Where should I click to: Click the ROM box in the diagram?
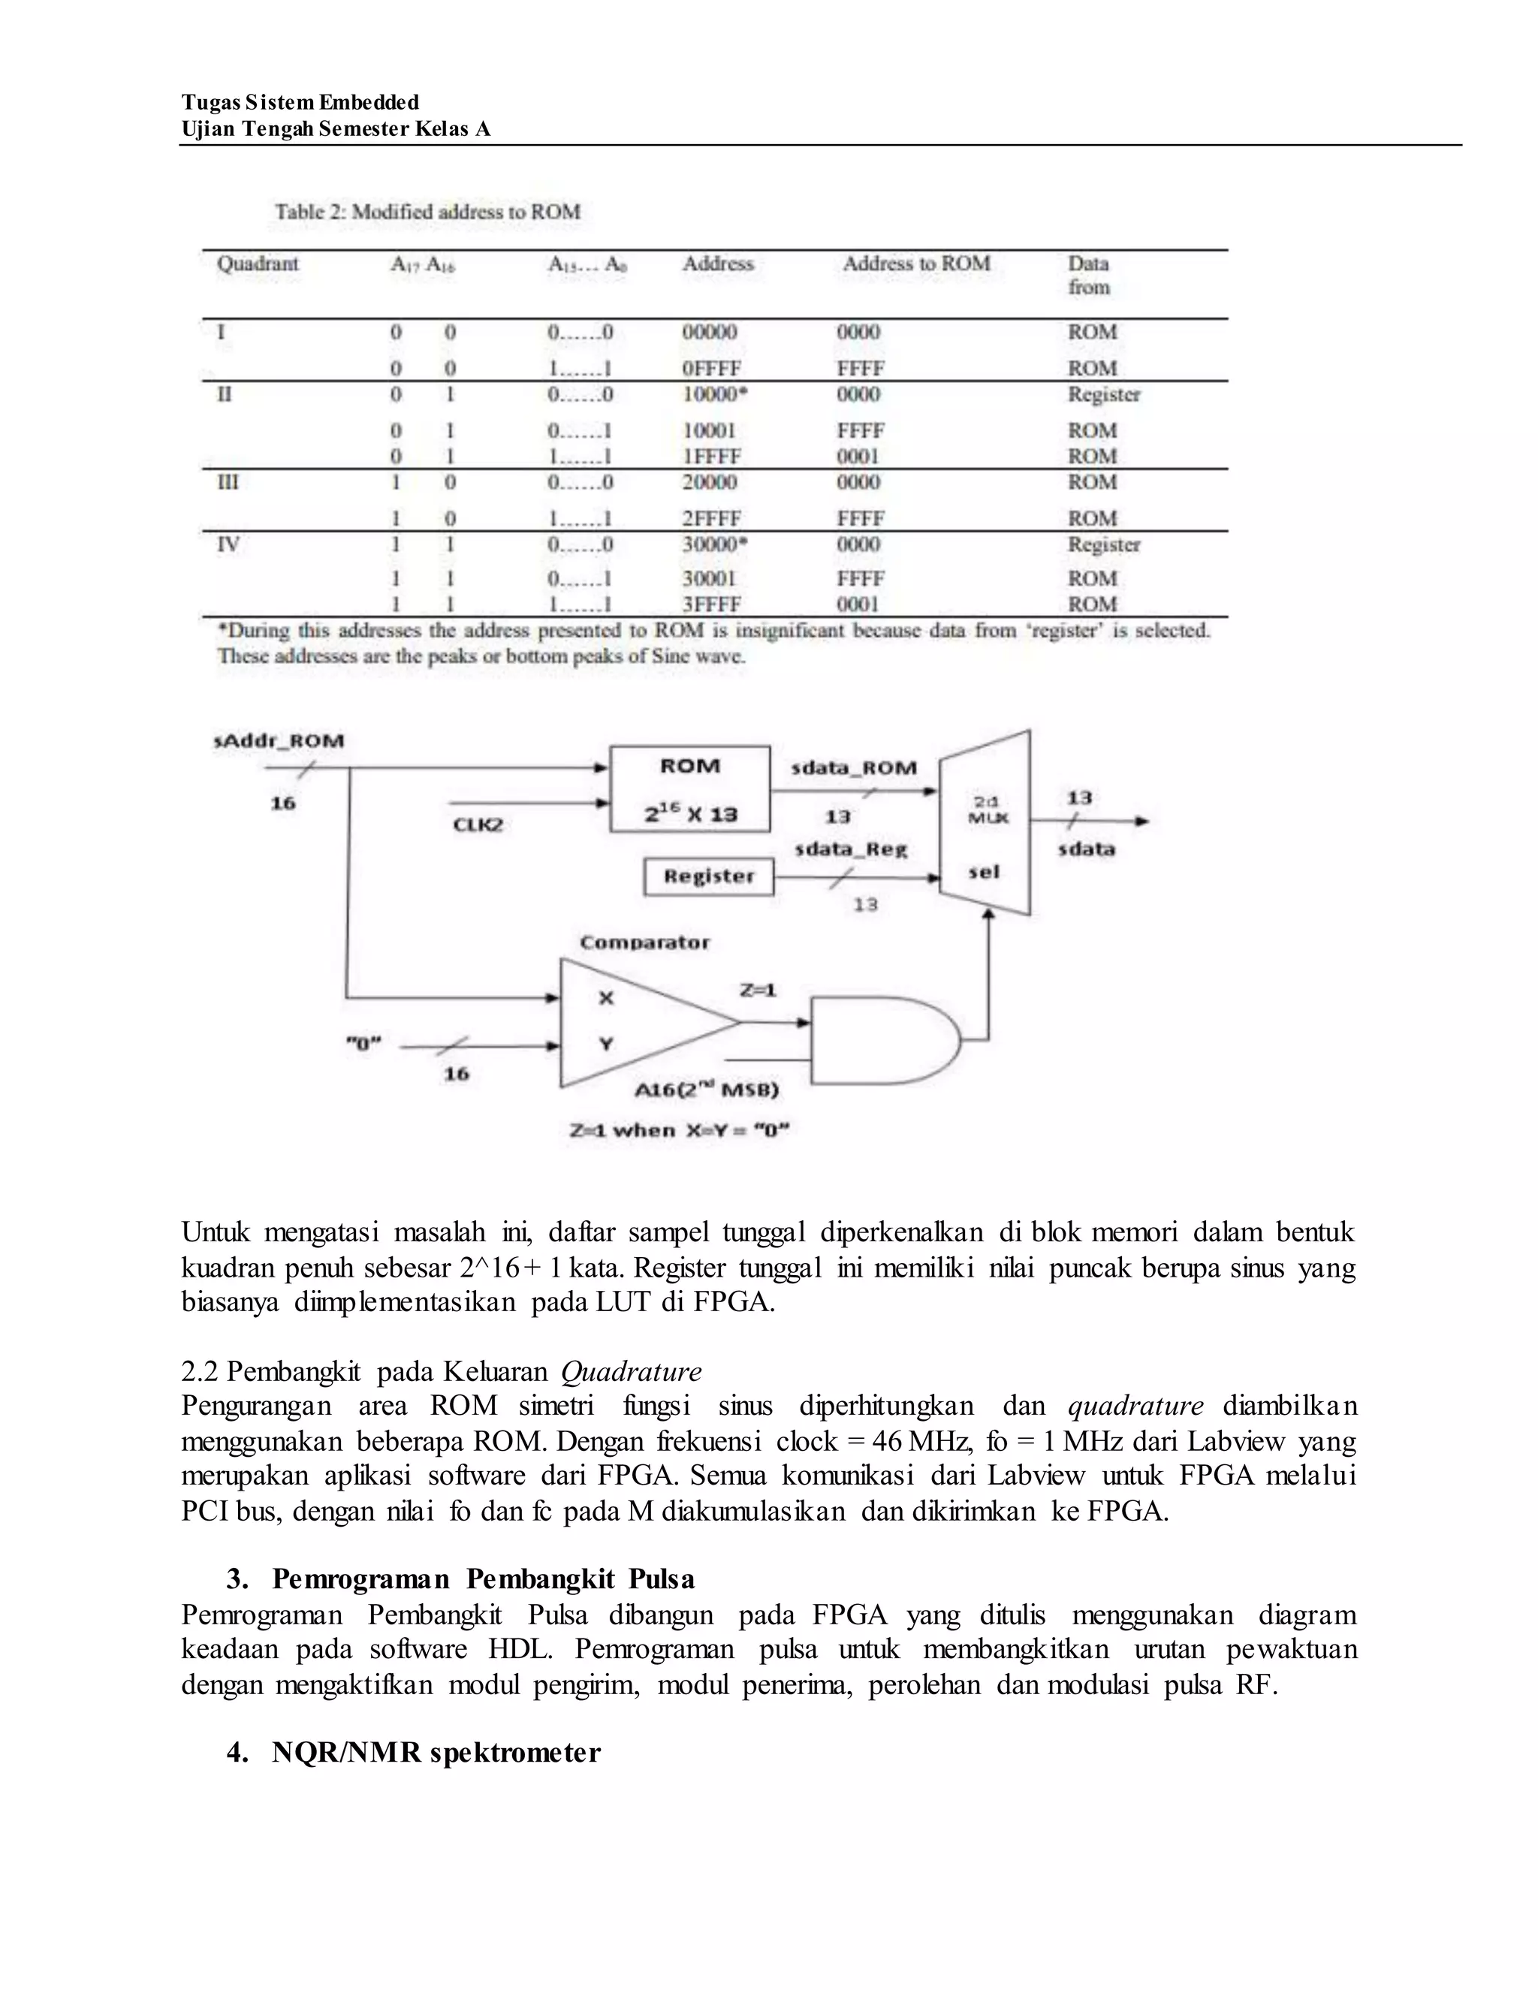click(689, 789)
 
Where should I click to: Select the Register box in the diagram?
click(708, 876)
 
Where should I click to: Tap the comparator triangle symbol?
click(629, 1022)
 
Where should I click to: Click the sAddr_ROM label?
click(279, 740)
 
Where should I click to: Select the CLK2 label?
click(478, 825)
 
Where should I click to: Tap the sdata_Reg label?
click(850, 849)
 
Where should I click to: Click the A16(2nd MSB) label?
click(706, 1090)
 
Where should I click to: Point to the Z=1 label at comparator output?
click(757, 990)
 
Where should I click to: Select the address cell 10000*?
click(714, 394)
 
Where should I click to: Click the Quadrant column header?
click(257, 264)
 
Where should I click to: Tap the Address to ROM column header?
click(915, 264)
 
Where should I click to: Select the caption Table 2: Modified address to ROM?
click(427, 213)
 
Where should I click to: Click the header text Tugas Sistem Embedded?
click(300, 102)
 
